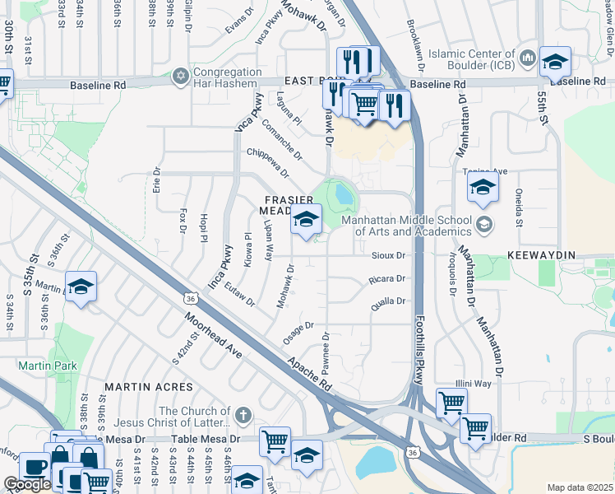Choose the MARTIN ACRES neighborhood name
(x=148, y=386)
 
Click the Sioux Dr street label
(x=390, y=256)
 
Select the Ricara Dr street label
(x=388, y=279)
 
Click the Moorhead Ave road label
(x=213, y=334)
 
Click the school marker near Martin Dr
(x=80, y=287)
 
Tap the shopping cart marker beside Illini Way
(x=451, y=403)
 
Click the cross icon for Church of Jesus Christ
(x=243, y=412)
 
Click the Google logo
(x=26, y=484)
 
